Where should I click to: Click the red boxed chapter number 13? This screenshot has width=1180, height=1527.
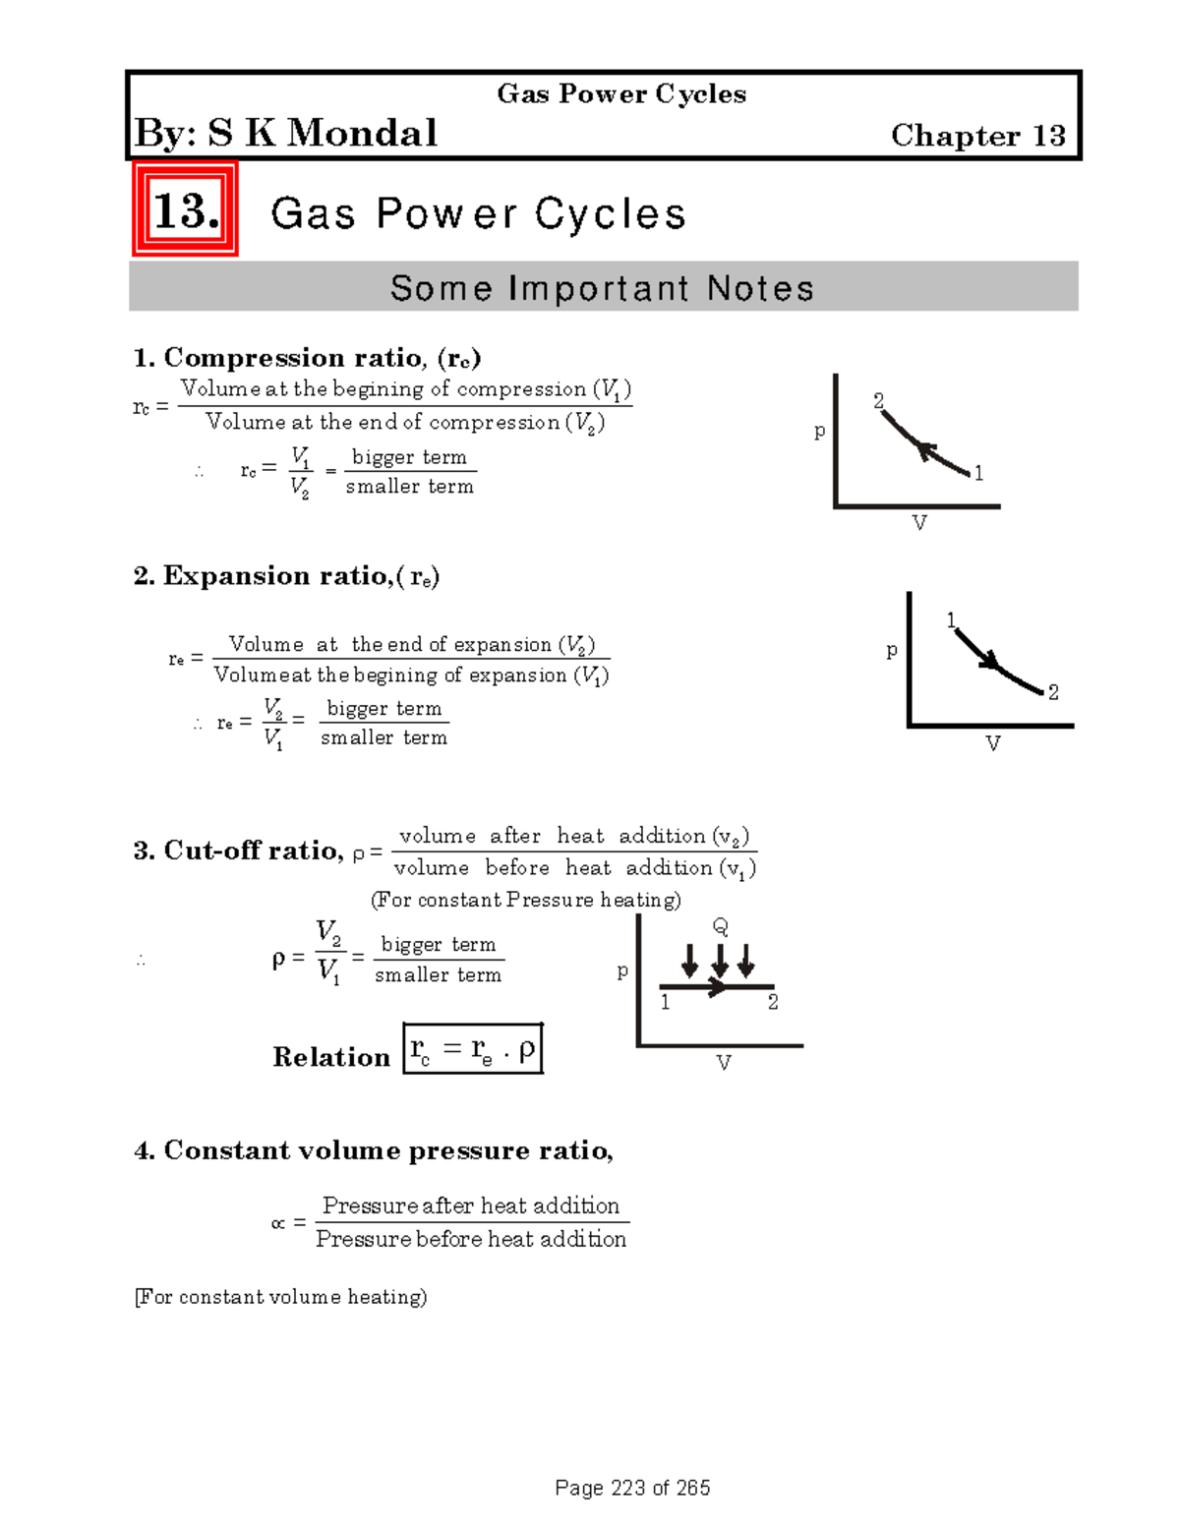pos(185,210)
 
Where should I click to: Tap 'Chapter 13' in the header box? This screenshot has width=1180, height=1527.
pos(977,136)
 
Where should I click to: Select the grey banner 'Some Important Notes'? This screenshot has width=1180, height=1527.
pos(603,288)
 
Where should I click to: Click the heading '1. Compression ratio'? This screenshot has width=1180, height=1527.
pos(307,357)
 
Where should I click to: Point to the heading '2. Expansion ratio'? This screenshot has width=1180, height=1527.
pos(286,576)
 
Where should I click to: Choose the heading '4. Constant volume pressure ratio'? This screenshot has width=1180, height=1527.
pos(374,1150)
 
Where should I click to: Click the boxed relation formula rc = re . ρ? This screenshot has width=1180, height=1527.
pos(473,1049)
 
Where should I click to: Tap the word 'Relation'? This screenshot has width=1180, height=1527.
pos(331,1057)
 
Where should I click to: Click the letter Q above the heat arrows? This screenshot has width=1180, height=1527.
pos(720,926)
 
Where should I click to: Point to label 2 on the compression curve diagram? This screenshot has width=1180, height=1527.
pos(879,400)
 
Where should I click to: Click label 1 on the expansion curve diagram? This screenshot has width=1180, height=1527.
pos(951,619)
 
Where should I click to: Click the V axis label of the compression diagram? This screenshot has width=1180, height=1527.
pos(919,523)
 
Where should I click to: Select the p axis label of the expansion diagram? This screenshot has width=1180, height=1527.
pos(892,650)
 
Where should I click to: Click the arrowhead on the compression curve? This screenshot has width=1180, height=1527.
pos(924,450)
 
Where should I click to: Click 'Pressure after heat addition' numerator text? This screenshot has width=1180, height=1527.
pos(471,1205)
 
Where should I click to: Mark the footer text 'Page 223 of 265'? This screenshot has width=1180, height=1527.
pos(632,1488)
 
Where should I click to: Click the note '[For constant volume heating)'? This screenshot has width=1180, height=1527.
pos(281,1297)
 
